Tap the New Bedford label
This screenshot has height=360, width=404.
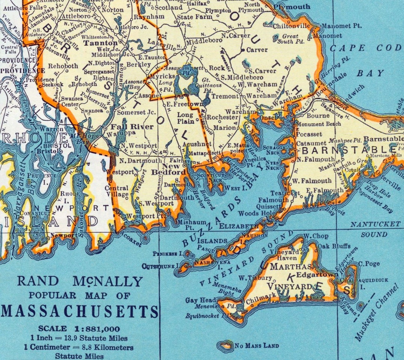tap(169, 169)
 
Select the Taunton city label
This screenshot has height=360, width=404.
tap(95, 43)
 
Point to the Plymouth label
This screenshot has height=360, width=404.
tap(292, 7)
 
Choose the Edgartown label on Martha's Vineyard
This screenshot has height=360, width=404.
tap(317, 274)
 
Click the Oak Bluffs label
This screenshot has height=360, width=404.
tap(334, 246)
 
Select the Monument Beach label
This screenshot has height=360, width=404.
tap(318, 123)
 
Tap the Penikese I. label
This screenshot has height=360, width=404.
tap(168, 254)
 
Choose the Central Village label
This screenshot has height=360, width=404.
tap(116, 191)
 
